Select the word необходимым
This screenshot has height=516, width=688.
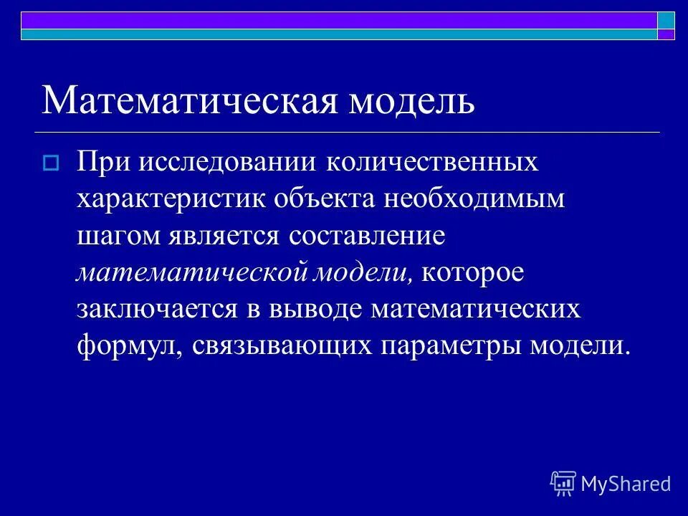tap(474, 199)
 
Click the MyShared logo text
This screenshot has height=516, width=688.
tap(626, 484)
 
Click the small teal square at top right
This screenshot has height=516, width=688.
tap(666, 19)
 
